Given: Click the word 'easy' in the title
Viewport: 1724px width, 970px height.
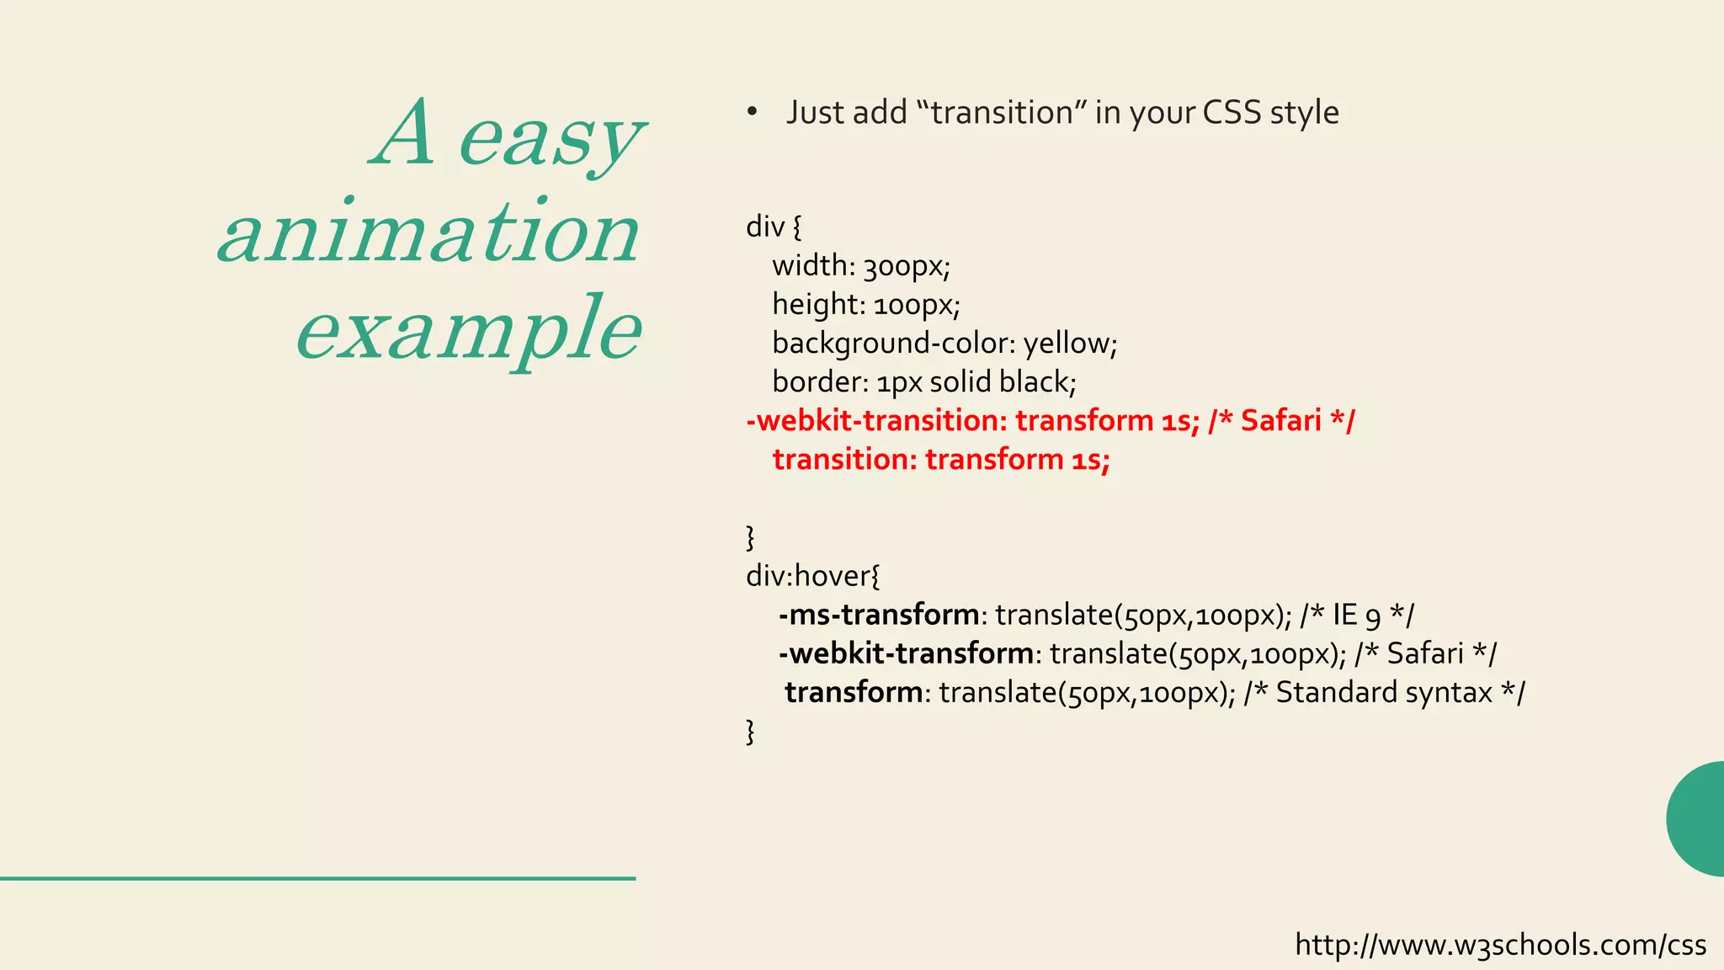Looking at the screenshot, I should click(x=551, y=139).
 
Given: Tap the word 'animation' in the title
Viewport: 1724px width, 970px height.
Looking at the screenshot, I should click(x=429, y=234).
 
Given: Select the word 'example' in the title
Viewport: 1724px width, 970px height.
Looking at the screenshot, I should click(x=470, y=330).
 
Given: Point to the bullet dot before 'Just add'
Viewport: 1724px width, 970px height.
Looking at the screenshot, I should click(x=752, y=113).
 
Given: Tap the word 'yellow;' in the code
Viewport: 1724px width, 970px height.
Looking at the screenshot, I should click(x=1070, y=344).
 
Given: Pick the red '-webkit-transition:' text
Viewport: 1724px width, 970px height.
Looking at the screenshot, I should click(x=876, y=420).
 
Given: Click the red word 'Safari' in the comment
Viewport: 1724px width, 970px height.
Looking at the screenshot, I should click(x=1280, y=420).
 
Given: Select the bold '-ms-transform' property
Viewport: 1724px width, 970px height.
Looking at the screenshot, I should click(x=878, y=615).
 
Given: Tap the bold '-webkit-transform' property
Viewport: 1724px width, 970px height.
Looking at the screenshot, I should click(x=906, y=653).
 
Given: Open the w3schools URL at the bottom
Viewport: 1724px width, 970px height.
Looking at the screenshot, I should click(x=1500, y=945).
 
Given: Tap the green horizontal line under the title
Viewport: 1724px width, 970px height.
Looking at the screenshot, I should click(x=317, y=878).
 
